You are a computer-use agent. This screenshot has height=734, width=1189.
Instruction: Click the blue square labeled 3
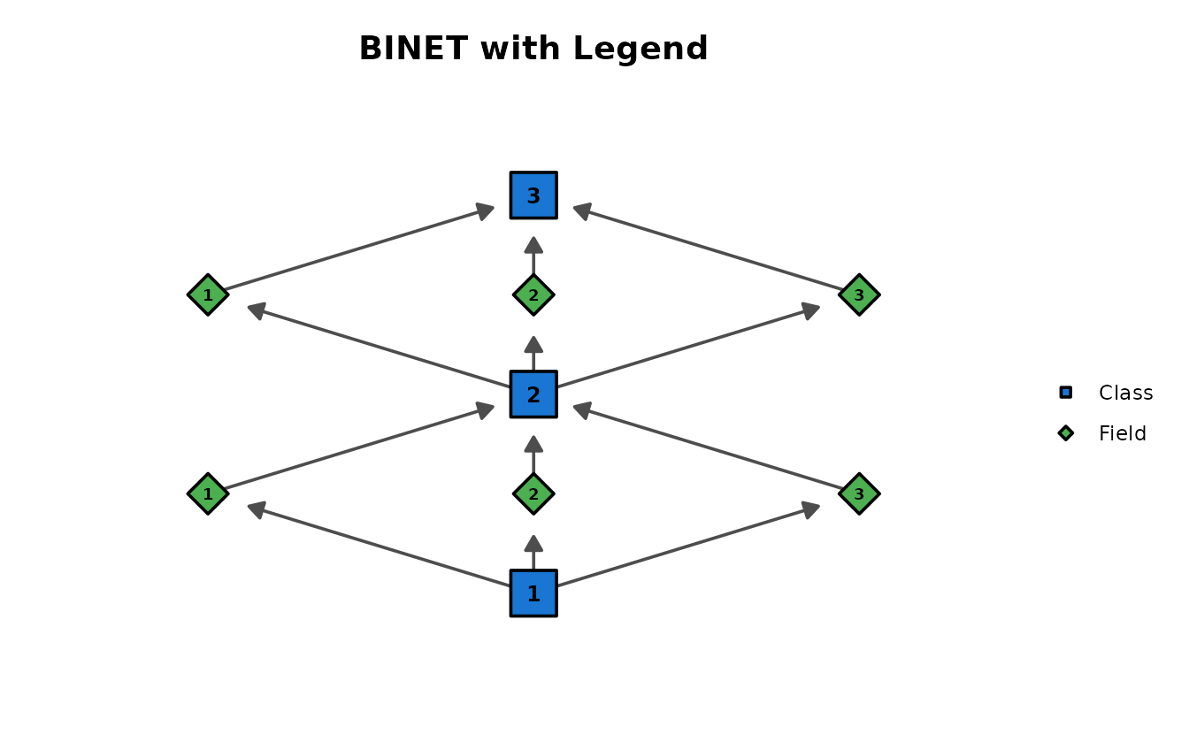(x=533, y=195)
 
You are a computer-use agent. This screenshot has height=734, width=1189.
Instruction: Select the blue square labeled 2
(x=533, y=394)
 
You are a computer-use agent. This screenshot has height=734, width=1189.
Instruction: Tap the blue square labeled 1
(x=533, y=593)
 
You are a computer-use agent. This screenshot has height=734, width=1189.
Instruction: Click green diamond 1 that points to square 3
(x=208, y=294)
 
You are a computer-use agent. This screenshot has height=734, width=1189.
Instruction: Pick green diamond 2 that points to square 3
(x=533, y=294)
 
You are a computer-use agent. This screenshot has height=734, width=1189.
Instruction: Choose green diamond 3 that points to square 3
(x=859, y=294)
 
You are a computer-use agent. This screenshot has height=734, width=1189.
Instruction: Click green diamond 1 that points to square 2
(x=208, y=493)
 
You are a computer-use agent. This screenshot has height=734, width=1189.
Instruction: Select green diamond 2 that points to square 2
(x=533, y=493)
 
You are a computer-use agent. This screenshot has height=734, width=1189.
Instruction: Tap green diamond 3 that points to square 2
(x=859, y=493)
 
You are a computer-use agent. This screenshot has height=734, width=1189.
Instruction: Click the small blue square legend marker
(x=1066, y=392)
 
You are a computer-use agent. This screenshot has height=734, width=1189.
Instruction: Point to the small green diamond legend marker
(x=1066, y=433)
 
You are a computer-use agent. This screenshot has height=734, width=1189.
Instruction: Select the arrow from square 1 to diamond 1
(x=379, y=545)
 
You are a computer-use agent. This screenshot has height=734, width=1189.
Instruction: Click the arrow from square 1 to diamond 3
(x=688, y=545)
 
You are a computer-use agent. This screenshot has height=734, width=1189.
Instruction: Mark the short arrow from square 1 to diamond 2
(x=533, y=552)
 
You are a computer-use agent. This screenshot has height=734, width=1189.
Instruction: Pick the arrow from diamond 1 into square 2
(x=359, y=447)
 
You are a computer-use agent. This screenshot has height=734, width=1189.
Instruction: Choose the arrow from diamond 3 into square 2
(x=708, y=447)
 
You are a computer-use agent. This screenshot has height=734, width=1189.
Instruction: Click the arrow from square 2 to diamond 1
(x=379, y=346)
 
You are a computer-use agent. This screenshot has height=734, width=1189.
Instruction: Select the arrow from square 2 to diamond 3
(x=688, y=346)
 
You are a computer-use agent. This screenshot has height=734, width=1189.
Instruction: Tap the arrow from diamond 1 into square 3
(x=359, y=248)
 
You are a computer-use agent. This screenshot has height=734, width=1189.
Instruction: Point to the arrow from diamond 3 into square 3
(x=708, y=248)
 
